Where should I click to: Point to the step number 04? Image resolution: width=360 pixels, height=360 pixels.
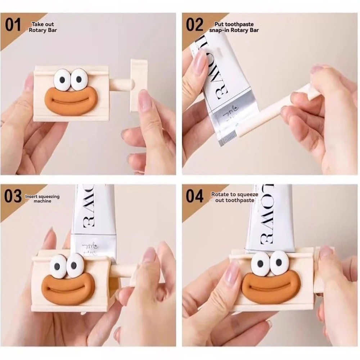coord(195,197)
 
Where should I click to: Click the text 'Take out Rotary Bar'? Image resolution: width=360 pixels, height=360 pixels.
coord(43,27)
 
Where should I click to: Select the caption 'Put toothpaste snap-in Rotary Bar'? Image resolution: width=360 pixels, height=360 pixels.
coord(234,27)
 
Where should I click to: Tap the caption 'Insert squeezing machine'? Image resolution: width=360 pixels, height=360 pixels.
coord(42,199)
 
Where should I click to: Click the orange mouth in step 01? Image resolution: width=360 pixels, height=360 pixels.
coord(69,102)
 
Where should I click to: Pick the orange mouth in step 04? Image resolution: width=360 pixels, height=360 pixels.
coord(271,287)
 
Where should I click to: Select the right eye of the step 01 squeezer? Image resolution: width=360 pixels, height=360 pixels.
coord(78,79)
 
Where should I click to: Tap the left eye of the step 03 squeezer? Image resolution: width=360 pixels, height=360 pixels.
coord(58,267)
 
